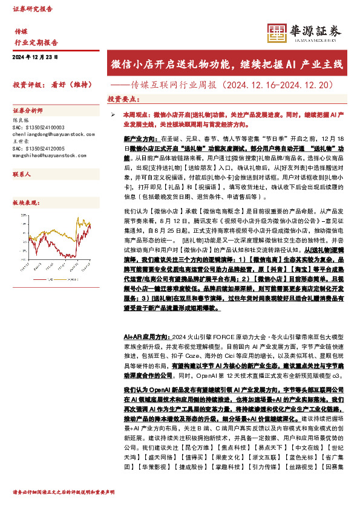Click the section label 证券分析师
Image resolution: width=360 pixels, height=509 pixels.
pos(28,111)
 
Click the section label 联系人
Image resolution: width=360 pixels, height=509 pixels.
pos(22,173)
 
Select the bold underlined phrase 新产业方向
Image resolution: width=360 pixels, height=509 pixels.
pos(140,138)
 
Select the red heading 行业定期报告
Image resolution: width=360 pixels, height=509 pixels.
pos(36,43)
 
